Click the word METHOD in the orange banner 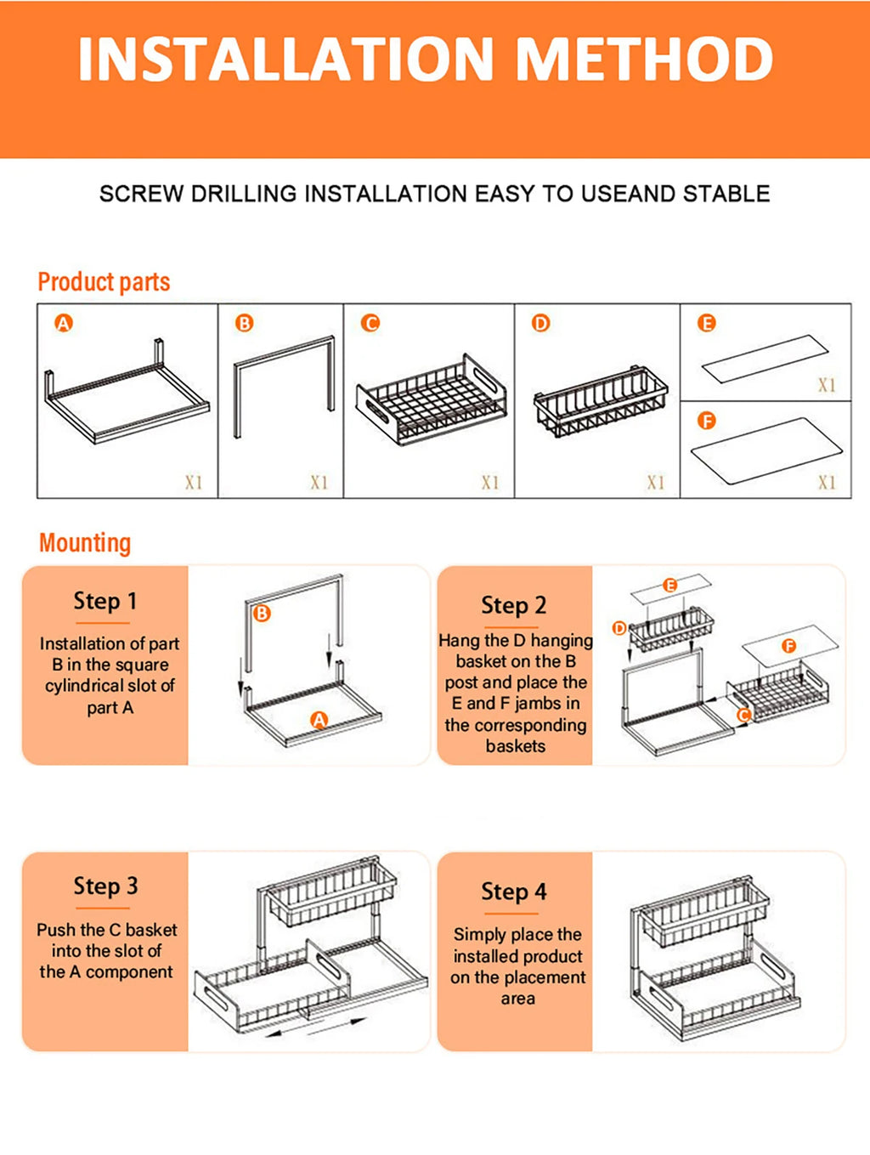(x=645, y=59)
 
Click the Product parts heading (x=104, y=282)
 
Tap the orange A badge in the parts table (x=64, y=323)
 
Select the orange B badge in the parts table (x=245, y=323)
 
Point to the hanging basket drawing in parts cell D (x=600, y=402)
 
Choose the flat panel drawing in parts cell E (x=765, y=359)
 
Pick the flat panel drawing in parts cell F (x=766, y=450)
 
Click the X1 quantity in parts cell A (x=194, y=482)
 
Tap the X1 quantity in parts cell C (x=490, y=482)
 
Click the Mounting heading (x=85, y=543)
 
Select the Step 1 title (x=105, y=601)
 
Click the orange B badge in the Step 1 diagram (x=262, y=613)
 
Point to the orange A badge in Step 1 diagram (x=319, y=721)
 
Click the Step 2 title (x=513, y=605)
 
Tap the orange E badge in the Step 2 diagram (x=669, y=585)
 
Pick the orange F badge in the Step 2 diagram (x=788, y=646)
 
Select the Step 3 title (x=105, y=886)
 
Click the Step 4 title (x=513, y=892)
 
